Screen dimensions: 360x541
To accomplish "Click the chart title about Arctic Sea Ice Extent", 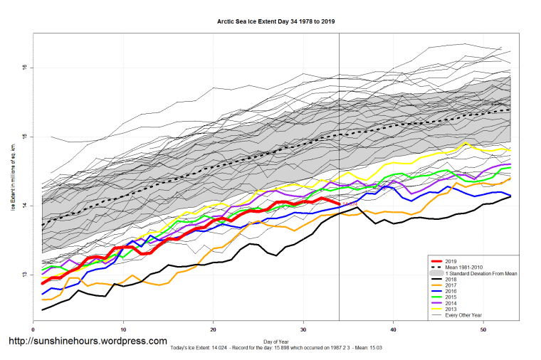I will pos(276,21).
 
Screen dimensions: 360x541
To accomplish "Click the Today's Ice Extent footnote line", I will pos(276,348).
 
